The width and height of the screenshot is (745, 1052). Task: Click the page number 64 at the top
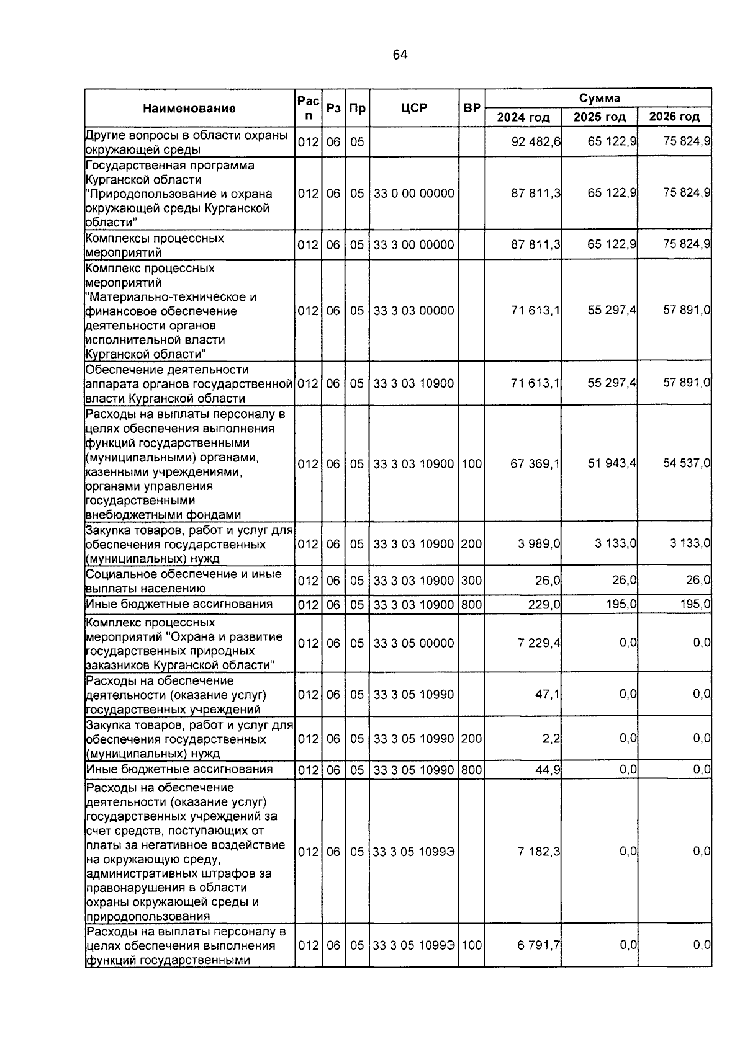(400, 55)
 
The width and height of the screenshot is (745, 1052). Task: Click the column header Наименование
(189, 108)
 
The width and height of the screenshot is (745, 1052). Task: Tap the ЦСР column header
(414, 108)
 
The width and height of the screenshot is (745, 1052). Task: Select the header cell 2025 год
(600, 117)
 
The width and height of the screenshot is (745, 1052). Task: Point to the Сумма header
(599, 98)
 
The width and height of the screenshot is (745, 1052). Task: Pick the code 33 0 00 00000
(414, 193)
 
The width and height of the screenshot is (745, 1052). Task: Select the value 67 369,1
(535, 463)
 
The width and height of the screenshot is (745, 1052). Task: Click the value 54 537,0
(687, 463)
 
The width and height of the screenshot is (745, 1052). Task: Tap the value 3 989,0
(540, 543)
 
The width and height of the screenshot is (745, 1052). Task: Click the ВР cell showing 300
(472, 581)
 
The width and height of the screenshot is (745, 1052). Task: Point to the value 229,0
(544, 604)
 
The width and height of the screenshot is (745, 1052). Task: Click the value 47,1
(548, 694)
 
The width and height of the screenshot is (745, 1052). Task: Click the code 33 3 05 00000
(414, 643)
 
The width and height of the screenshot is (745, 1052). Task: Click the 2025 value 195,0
(621, 604)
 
